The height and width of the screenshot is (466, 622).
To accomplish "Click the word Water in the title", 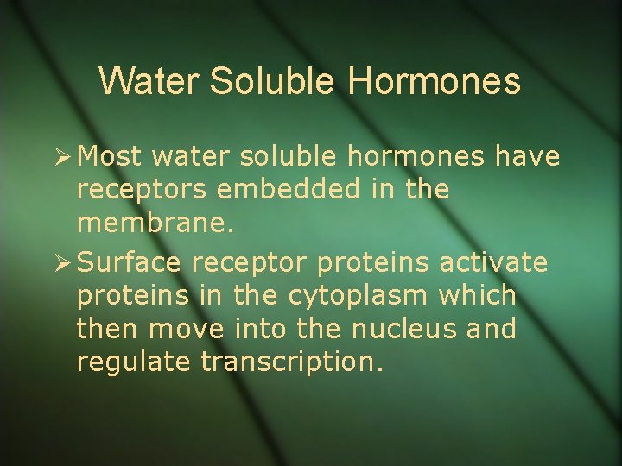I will (149, 81).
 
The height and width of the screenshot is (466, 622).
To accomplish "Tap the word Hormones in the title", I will (435, 81).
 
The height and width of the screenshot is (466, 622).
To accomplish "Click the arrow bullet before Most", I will (60, 157).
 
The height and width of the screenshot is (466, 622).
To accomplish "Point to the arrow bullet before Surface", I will (60, 261).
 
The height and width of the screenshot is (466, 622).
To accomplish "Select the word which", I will (478, 295).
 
